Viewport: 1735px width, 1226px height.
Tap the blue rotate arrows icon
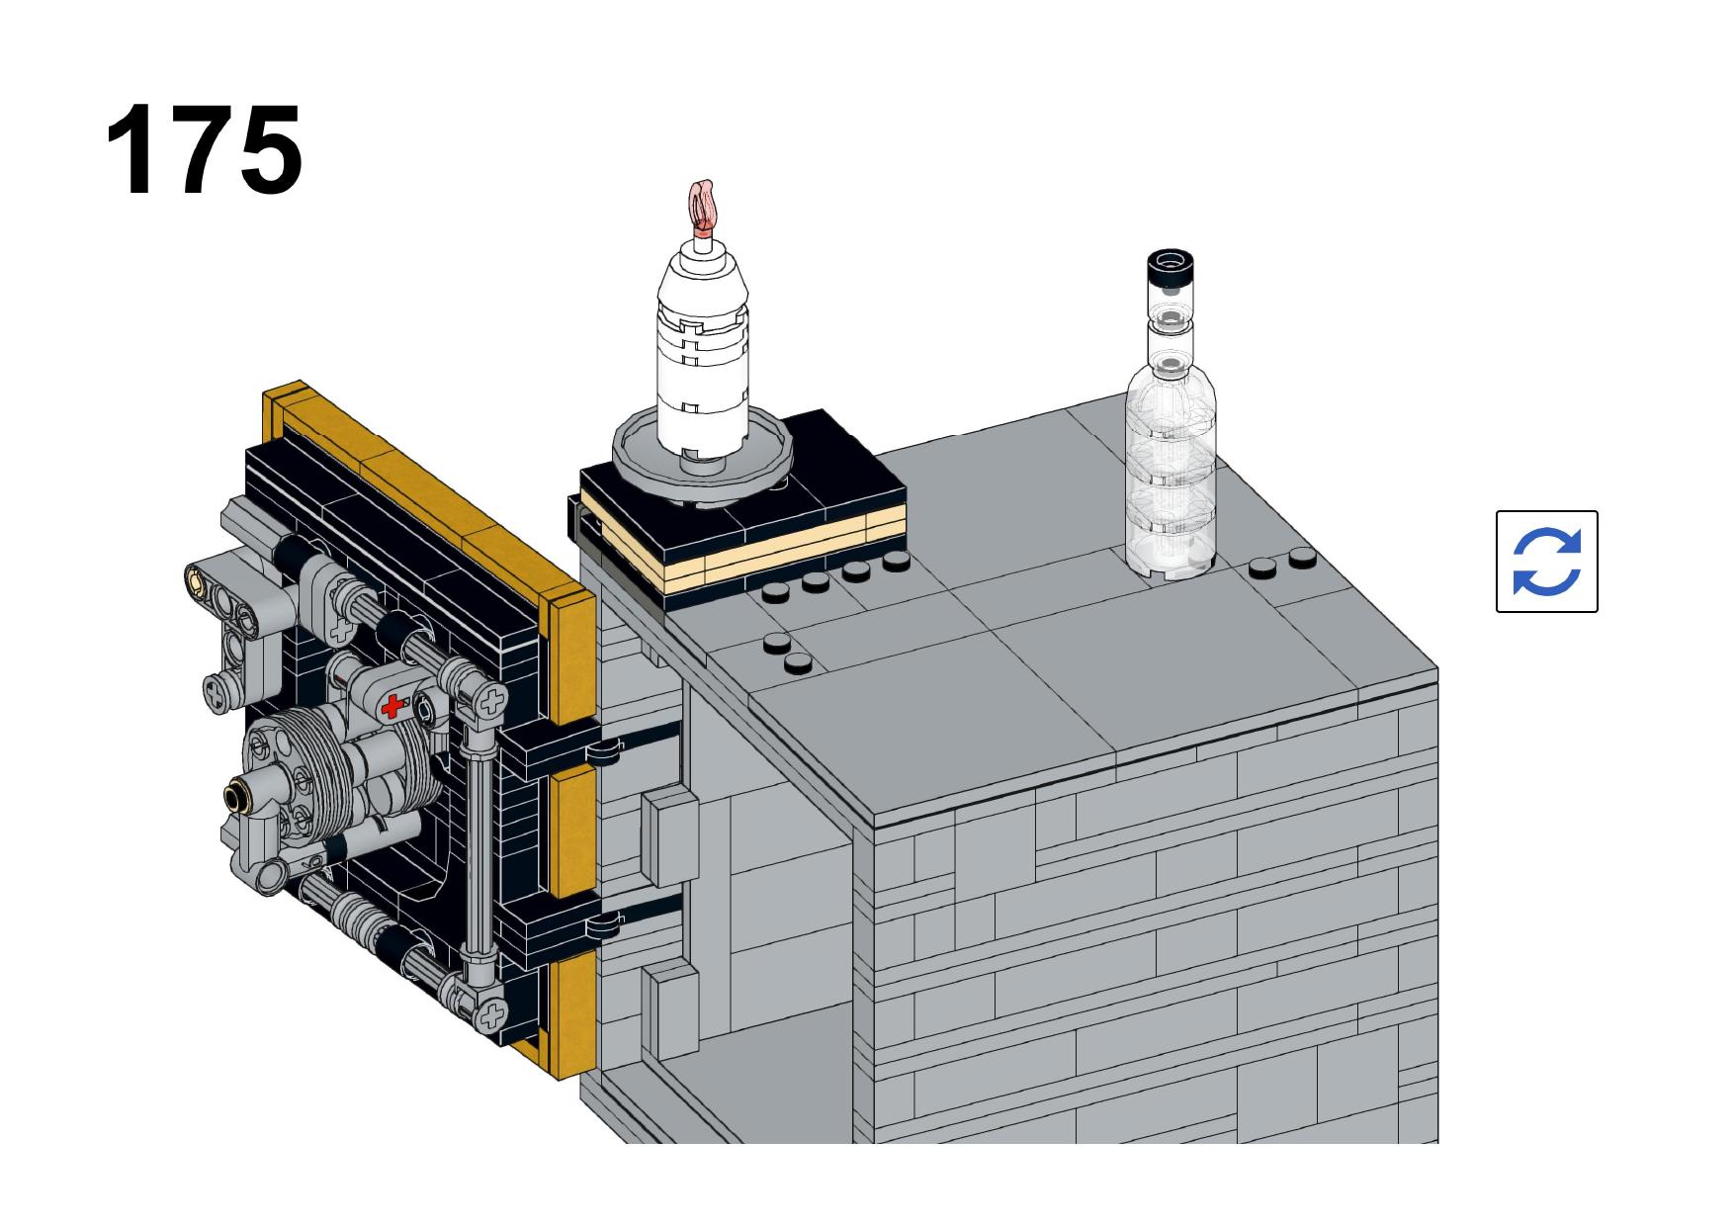coord(1546,562)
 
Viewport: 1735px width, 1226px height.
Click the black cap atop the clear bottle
coord(1171,269)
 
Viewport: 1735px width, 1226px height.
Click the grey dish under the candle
coord(703,450)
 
